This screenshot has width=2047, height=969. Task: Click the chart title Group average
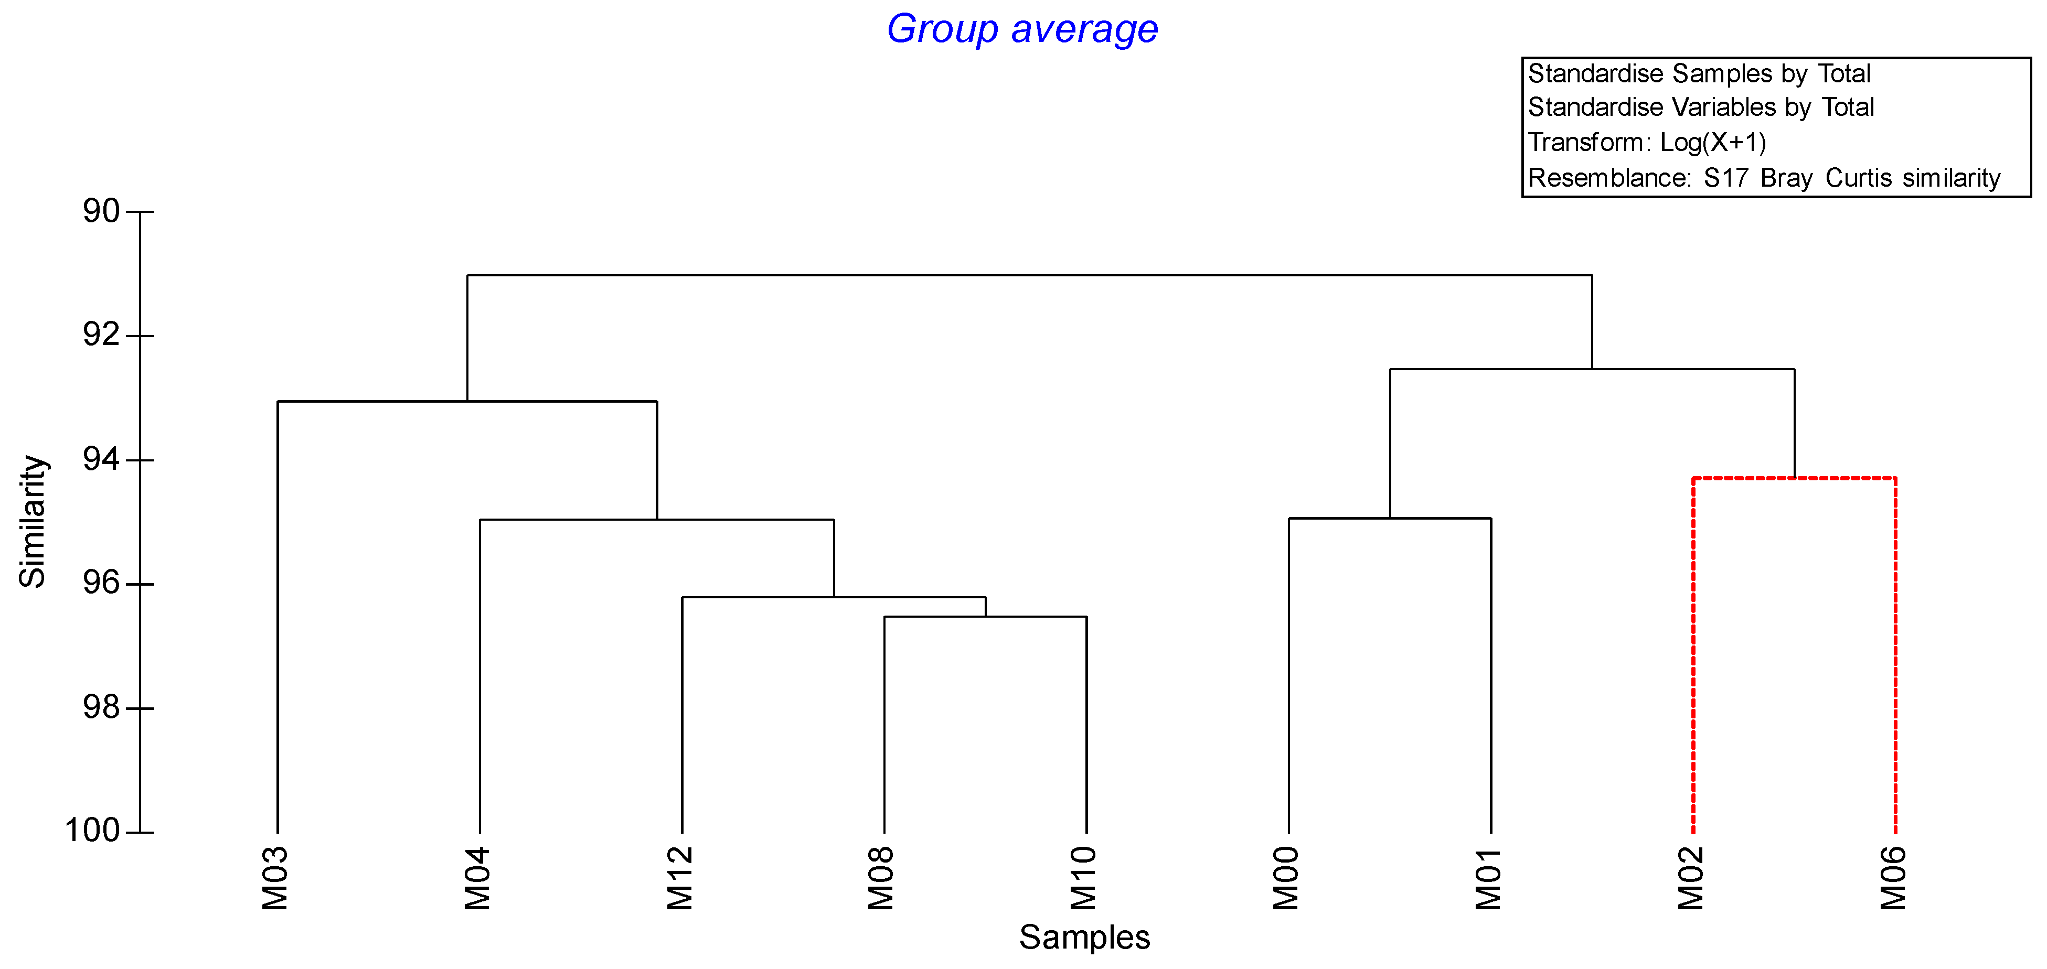click(1022, 29)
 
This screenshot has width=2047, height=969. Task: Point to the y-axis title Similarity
click(33, 521)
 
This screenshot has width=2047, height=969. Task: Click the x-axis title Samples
click(1084, 937)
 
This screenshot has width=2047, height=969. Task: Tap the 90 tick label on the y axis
click(101, 211)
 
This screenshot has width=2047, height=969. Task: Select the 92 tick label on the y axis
click(101, 335)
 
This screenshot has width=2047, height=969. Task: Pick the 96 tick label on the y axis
click(101, 583)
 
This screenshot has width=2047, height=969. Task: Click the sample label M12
click(681, 878)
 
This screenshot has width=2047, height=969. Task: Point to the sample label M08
click(882, 878)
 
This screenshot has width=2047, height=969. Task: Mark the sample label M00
click(1286, 878)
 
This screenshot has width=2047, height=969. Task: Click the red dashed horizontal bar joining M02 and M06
click(1794, 478)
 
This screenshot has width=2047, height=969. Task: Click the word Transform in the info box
click(1586, 142)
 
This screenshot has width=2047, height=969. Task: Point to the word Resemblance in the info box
click(1608, 178)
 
